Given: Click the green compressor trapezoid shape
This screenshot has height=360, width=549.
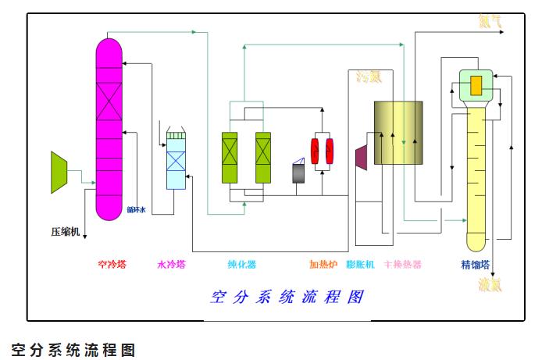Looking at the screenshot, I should [59, 172].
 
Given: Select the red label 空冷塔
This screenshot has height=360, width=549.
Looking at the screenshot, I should [111, 264].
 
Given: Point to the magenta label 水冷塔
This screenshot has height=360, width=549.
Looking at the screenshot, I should [171, 264].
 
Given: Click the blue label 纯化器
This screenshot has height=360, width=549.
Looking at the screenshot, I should [241, 264].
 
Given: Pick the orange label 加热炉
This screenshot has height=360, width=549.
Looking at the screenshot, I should [323, 264].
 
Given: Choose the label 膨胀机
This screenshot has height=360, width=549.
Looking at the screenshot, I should [360, 264].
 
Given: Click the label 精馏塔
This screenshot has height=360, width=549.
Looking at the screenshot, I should [475, 264].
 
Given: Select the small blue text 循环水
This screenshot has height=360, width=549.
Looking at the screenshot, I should [137, 209].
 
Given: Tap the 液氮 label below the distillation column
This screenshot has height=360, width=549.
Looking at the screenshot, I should [490, 285].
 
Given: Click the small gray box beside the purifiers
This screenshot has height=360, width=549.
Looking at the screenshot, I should [298, 173].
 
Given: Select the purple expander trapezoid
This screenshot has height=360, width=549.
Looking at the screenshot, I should [362, 155].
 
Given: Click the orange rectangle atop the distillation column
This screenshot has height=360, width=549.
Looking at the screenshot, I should [476, 85].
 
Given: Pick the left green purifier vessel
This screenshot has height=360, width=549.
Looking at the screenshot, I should [230, 159].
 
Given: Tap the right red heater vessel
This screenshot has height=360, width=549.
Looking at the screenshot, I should [331, 151].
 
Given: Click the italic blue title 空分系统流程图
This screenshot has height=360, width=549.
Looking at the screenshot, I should [288, 298].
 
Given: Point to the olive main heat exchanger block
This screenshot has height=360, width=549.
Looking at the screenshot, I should [397, 133].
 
